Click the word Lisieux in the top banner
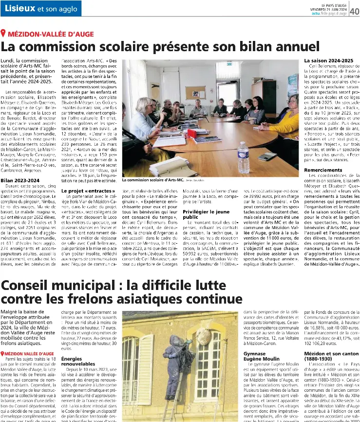point(19,8)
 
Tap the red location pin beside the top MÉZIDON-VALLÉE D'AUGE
point(4,33)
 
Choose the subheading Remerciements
point(323,170)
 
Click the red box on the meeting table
point(192,133)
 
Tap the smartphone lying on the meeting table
point(267,156)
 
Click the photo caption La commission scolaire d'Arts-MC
point(152,180)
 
